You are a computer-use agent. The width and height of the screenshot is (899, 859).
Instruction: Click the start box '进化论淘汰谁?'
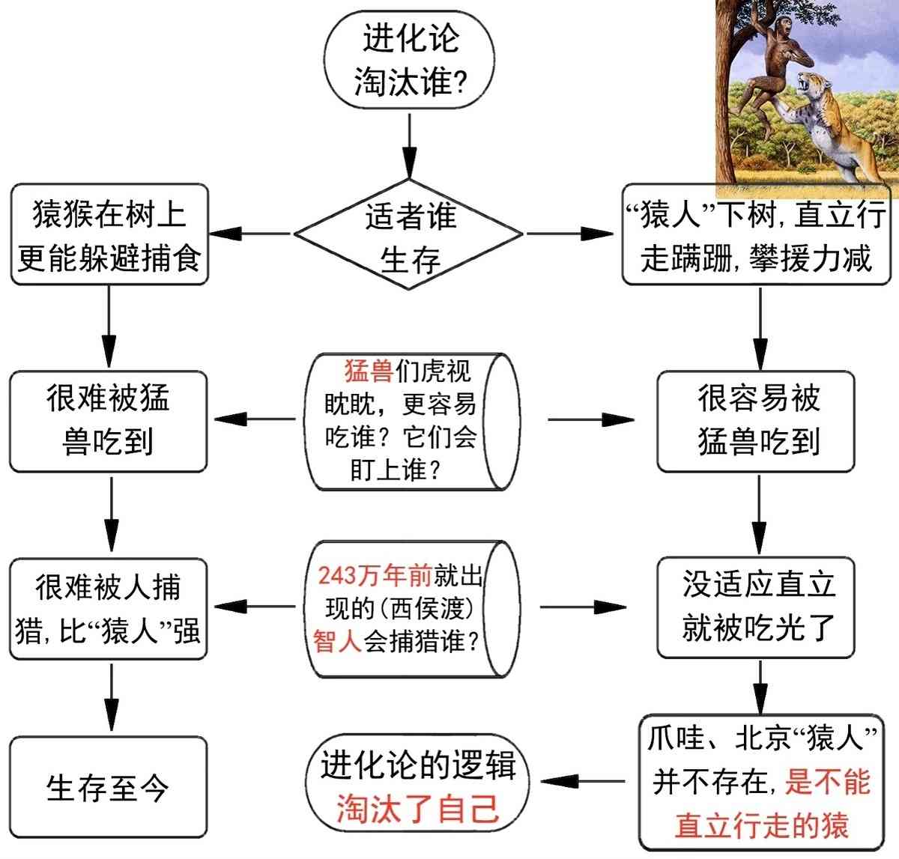(x=410, y=61)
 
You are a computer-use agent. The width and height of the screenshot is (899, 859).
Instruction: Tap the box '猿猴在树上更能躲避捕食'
(x=109, y=235)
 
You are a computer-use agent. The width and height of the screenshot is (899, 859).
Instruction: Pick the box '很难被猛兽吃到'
(x=108, y=421)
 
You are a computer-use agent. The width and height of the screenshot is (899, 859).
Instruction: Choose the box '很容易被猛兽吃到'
(x=755, y=421)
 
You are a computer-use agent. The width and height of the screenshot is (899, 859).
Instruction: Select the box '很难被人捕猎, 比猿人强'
(x=108, y=609)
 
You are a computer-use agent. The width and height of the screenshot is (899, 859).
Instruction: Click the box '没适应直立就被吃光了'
(x=755, y=607)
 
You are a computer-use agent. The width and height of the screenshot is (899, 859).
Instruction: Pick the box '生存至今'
(x=108, y=786)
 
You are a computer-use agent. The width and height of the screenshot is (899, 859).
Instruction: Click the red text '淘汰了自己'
(x=417, y=808)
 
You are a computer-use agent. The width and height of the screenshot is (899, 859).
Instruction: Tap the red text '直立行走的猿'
(x=762, y=825)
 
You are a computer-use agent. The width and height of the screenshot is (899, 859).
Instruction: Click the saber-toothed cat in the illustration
(x=839, y=127)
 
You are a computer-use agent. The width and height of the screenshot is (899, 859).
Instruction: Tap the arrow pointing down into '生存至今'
(x=111, y=696)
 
